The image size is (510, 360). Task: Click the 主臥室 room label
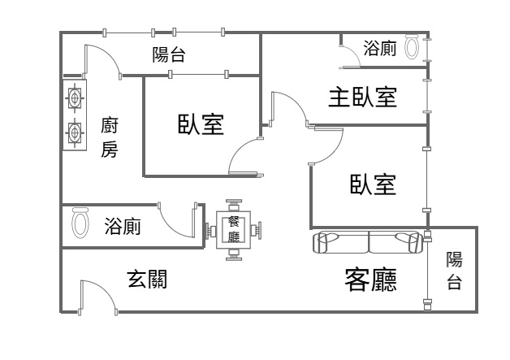[x=362, y=98]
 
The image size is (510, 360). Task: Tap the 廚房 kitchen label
[x=110, y=137]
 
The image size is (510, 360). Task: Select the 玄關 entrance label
[x=147, y=279]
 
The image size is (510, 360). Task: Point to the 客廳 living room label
[x=371, y=280]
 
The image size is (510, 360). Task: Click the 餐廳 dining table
[x=235, y=230]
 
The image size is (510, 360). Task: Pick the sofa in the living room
[x=369, y=242]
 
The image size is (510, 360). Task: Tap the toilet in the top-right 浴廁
[x=412, y=48]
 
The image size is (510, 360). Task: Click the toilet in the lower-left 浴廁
[x=80, y=223]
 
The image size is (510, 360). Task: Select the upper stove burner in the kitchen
[x=75, y=99]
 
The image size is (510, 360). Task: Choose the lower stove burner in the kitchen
[x=75, y=132]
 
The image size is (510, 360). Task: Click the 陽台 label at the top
[x=169, y=55]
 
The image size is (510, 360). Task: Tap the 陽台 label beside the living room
[x=454, y=271]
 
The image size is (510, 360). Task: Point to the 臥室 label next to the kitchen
[x=201, y=124]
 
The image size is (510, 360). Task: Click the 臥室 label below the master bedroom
[x=373, y=185]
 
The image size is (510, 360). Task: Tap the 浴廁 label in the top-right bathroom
[x=380, y=48]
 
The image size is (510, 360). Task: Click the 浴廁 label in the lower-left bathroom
[x=123, y=227]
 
